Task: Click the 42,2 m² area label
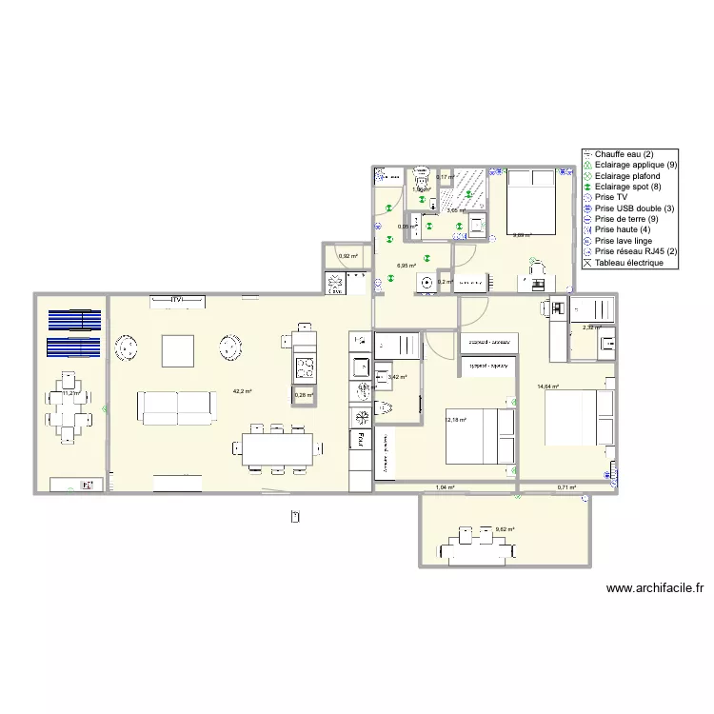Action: pos(243,391)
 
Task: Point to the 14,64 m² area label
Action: pos(547,387)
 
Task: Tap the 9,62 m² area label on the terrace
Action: pos(505,529)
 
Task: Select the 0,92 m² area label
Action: pos(348,256)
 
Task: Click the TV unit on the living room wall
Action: pos(176,301)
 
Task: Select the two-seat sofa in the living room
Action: pos(177,407)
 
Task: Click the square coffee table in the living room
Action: pos(178,350)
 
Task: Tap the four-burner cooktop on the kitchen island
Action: pos(304,367)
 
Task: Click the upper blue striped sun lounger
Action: pos(74,319)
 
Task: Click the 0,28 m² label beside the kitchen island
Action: pos(304,394)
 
